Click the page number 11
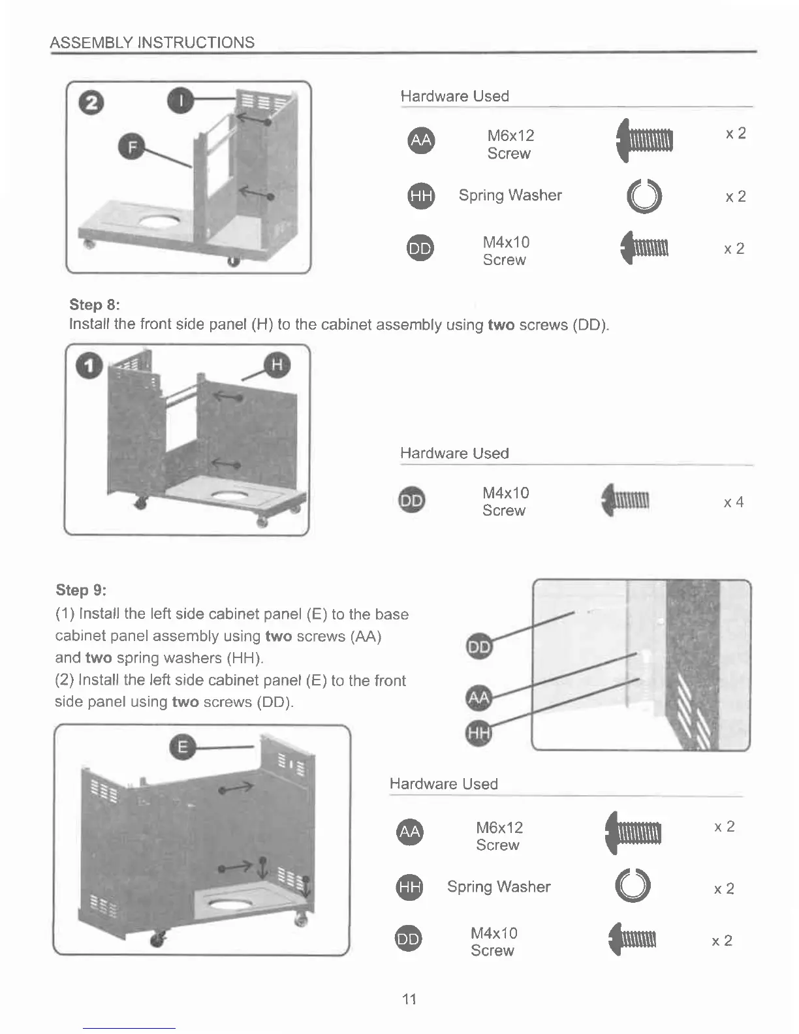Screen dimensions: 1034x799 tap(409, 999)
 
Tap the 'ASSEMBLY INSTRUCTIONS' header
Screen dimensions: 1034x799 tap(152, 42)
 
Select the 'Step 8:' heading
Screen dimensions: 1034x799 tap(95, 305)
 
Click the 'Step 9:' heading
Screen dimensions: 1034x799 tap(81, 590)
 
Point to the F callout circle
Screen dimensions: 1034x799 tap(132, 147)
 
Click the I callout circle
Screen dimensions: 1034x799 tap(181, 100)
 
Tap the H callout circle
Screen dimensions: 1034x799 tap(277, 365)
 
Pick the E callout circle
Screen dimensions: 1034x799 tap(183, 747)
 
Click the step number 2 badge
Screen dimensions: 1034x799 tap(91, 103)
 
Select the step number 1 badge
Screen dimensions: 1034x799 tap(89, 366)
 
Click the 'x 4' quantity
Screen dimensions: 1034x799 tap(733, 502)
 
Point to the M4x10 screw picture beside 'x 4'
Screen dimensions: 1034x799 tap(625, 500)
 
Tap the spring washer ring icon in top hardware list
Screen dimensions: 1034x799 tap(644, 196)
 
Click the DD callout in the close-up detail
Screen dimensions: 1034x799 tap(479, 646)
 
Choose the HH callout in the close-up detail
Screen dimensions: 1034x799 tap(479, 732)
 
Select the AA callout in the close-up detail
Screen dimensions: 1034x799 tap(479, 698)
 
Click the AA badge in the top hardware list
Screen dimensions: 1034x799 tap(421, 140)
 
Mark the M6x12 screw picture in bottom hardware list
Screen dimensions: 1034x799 tap(633, 833)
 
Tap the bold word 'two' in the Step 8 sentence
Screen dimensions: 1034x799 tap(501, 325)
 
